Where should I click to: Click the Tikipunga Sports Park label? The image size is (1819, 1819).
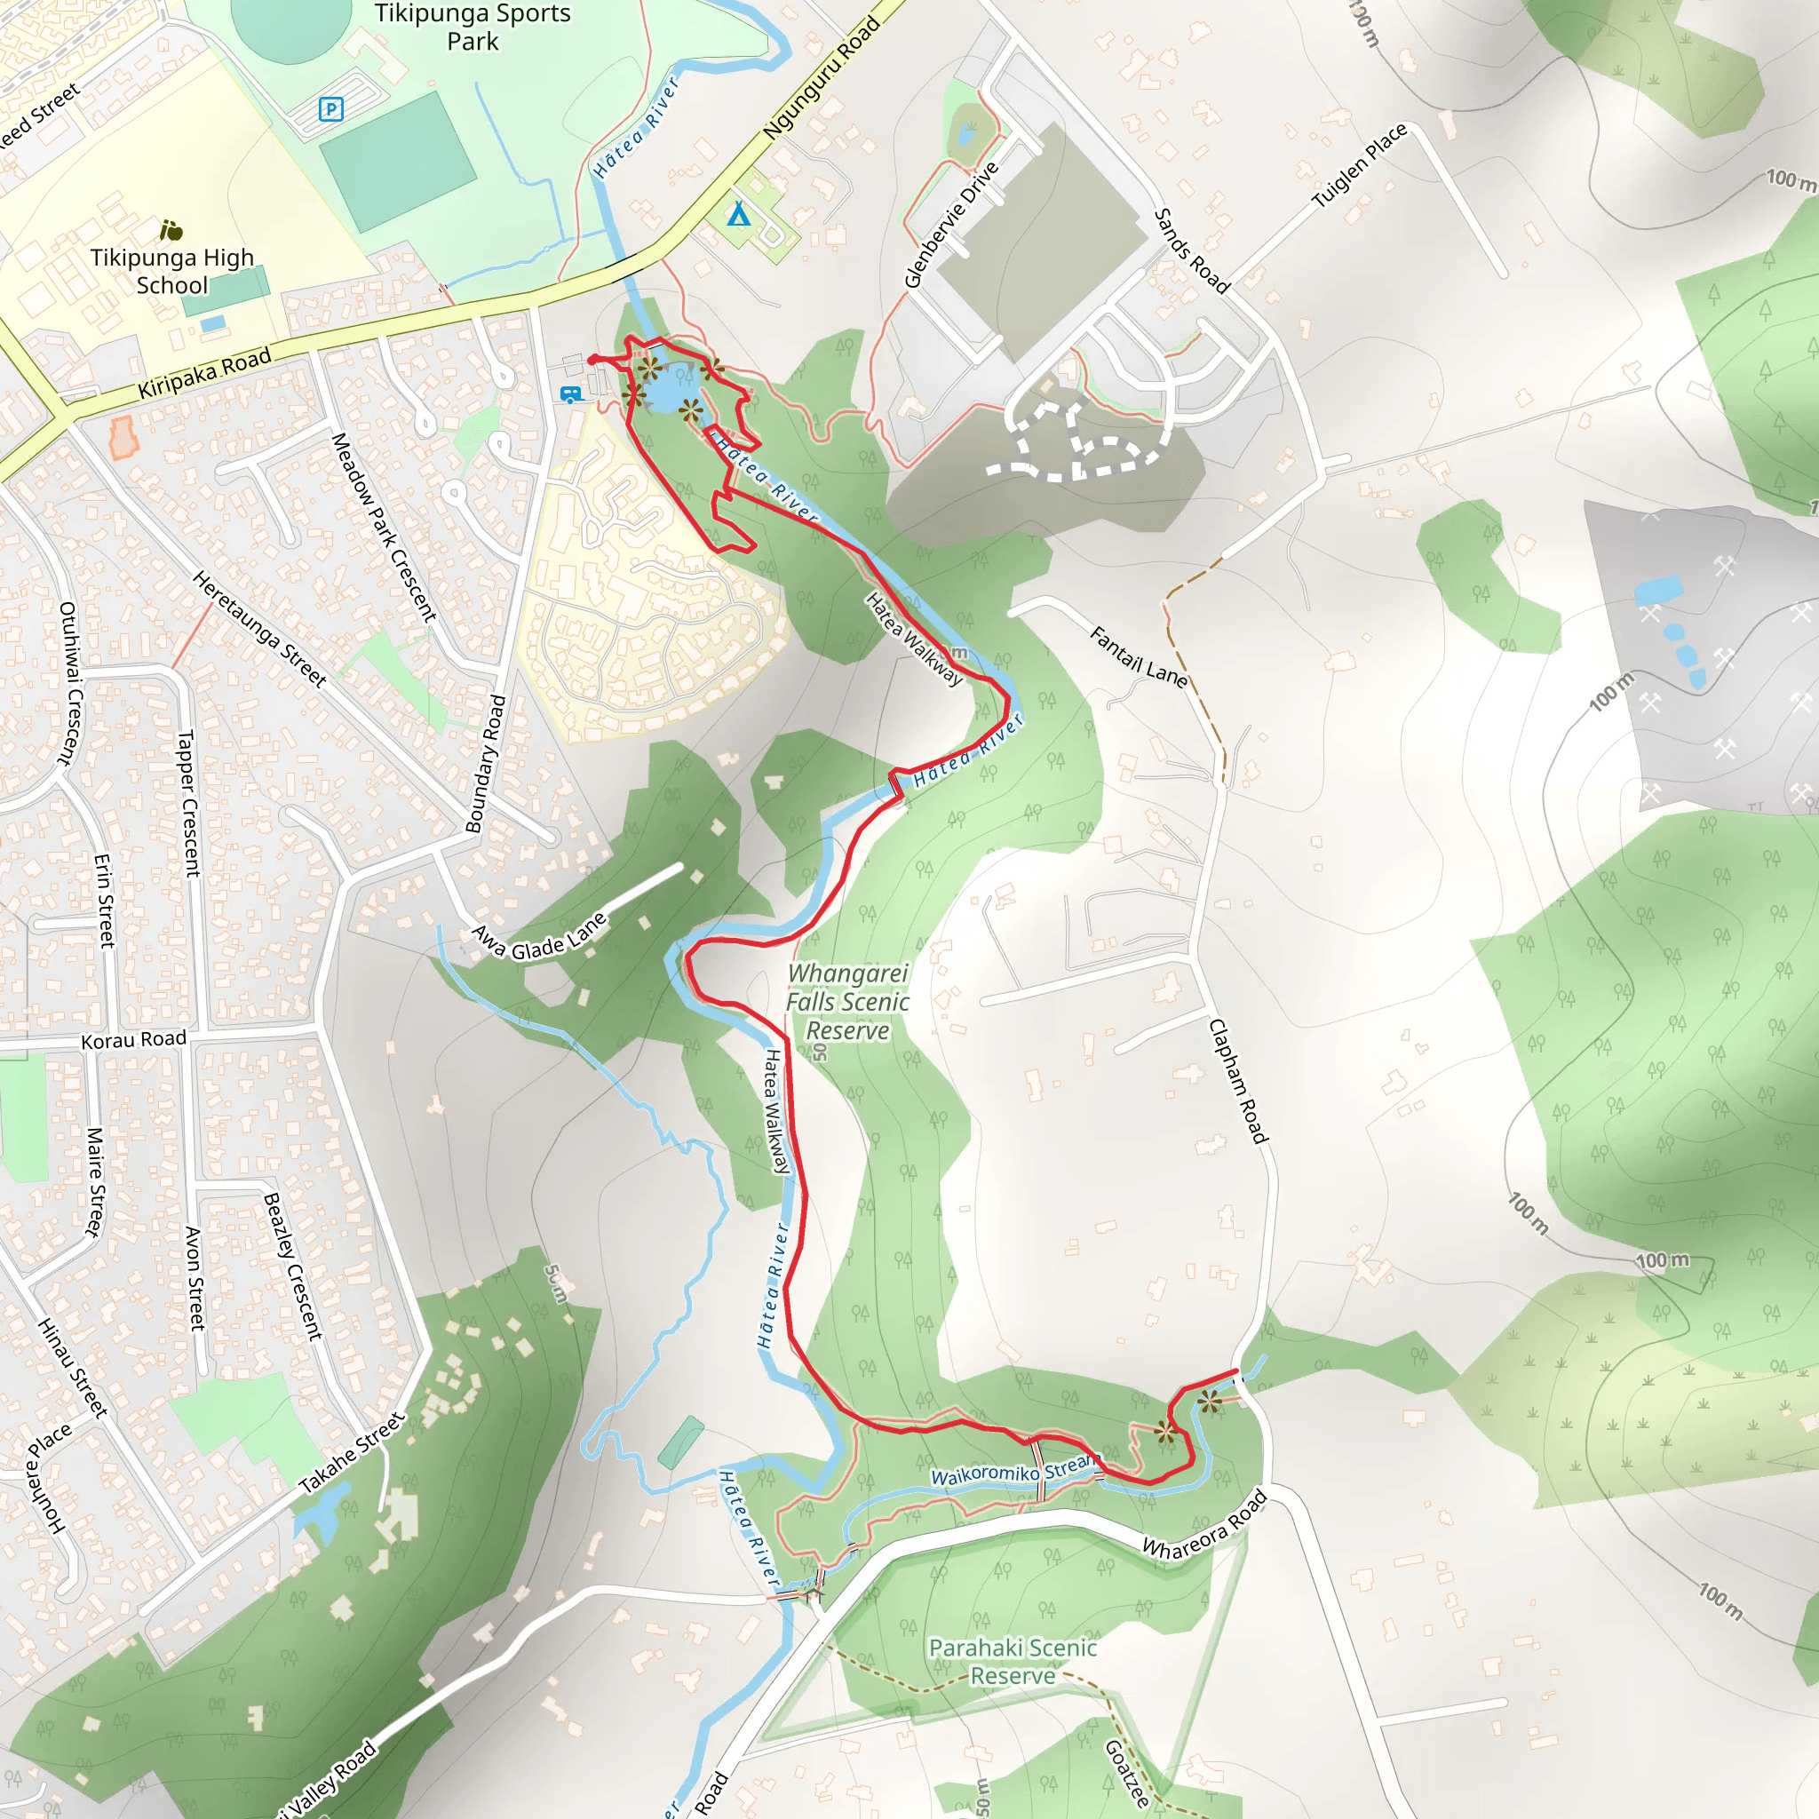(x=472, y=28)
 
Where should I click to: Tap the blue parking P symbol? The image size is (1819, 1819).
(x=330, y=109)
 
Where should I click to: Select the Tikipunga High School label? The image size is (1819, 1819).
(x=172, y=271)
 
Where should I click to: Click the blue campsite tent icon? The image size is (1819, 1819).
(x=739, y=216)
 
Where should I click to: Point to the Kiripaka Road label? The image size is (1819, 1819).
(x=204, y=373)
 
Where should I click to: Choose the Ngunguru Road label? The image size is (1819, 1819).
(x=822, y=79)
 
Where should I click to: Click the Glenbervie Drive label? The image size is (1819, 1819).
(x=951, y=224)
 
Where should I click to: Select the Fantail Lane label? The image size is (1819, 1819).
(x=1139, y=656)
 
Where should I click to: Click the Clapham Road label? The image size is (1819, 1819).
(x=1238, y=1081)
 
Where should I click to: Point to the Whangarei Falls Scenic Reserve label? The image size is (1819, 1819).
(x=847, y=1002)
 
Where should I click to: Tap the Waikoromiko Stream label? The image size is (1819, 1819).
(x=1016, y=1471)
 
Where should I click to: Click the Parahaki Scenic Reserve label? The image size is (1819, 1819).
(x=1013, y=1662)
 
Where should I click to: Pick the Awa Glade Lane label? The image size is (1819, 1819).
(x=540, y=938)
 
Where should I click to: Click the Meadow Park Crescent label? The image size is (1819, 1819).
(x=384, y=528)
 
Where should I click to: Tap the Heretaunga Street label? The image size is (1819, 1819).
(x=260, y=628)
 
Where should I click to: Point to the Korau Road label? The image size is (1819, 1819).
(x=134, y=1039)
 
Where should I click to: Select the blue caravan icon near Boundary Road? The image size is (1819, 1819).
(x=569, y=394)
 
